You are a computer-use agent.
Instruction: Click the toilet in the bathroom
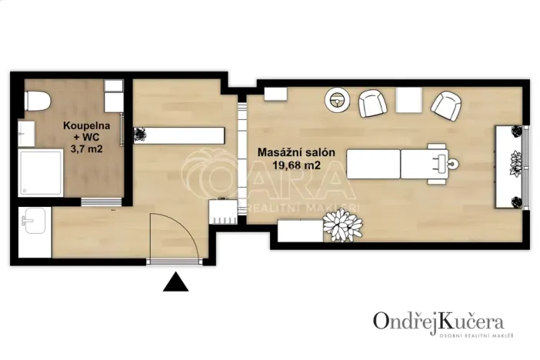click(37, 100)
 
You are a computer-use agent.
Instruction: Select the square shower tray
click(41, 173)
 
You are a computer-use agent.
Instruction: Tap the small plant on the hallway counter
click(140, 135)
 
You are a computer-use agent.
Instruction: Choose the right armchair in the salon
click(445, 106)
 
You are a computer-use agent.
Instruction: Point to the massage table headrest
click(445, 163)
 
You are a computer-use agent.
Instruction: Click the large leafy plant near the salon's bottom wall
click(342, 225)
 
